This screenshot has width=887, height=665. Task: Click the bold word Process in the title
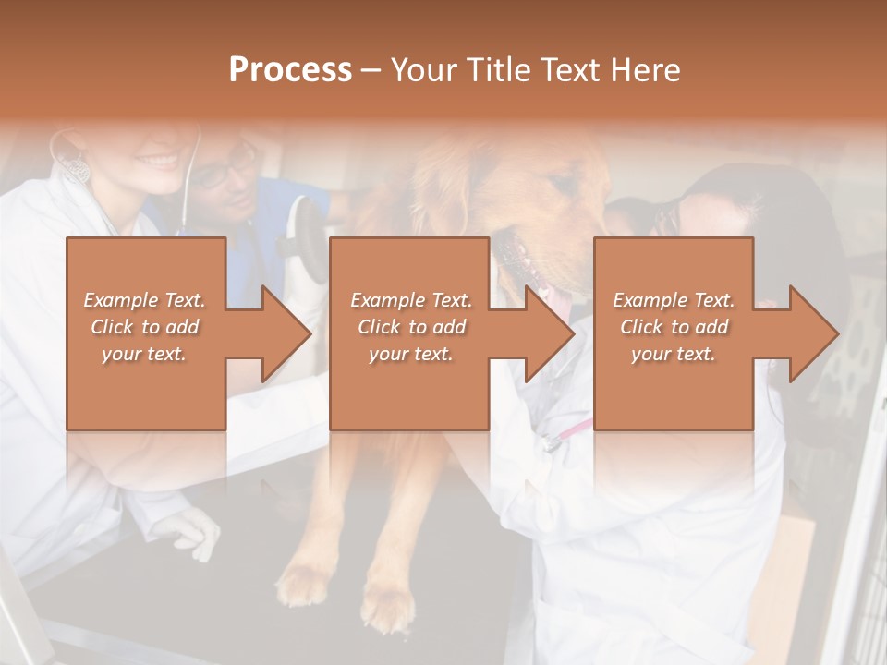pos(290,70)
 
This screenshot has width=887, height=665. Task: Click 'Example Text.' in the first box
pos(144,300)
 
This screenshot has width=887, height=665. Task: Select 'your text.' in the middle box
pos(410,354)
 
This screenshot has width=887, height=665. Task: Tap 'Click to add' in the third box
pos(674,327)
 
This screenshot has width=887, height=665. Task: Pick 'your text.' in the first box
pos(144,354)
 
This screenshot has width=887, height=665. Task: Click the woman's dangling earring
pos(78,169)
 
